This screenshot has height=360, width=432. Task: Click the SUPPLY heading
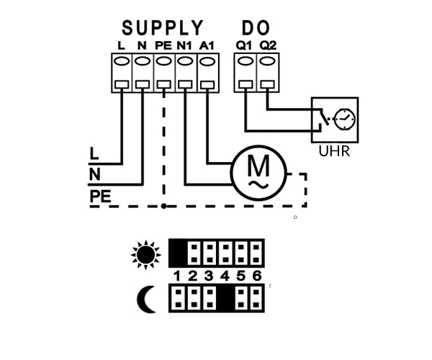point(163,28)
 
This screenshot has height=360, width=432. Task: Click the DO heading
point(256,28)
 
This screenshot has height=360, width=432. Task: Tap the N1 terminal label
point(184,46)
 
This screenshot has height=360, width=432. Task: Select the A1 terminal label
point(207,46)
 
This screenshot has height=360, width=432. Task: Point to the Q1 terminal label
point(244,45)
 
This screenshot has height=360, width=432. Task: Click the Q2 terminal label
point(268,45)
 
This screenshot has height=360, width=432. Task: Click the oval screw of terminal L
point(122,61)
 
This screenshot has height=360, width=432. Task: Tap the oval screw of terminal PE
point(164,61)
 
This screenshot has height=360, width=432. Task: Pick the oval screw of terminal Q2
point(268,61)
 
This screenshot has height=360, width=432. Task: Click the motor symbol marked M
point(258,173)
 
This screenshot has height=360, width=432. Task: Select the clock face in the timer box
point(345,120)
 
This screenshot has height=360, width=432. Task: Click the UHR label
point(334,151)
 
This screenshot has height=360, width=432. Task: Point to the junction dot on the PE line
point(164,206)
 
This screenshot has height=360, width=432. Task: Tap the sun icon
point(146,255)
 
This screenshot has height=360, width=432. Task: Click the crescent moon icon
point(147,300)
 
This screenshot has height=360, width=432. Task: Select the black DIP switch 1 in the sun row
point(179,253)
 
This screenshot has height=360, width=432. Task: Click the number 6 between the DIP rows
point(257,276)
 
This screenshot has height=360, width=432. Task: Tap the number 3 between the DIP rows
point(209,276)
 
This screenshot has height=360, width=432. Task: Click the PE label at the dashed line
point(100,197)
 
